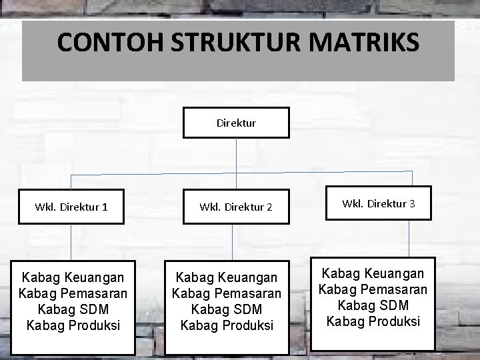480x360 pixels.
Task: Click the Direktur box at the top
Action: tap(236, 123)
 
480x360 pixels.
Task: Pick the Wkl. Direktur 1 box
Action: tap(71, 207)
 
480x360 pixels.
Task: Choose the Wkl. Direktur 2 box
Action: tap(236, 207)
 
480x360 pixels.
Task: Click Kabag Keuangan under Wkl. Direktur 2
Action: tap(227, 277)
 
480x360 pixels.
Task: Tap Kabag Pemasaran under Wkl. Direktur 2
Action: tap(227, 293)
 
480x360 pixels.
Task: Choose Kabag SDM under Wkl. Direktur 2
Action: tap(227, 309)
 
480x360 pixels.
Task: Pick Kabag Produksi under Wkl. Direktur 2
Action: tap(227, 325)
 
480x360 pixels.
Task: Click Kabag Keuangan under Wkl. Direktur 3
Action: tap(373, 273)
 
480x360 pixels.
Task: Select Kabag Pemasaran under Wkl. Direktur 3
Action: tap(373, 289)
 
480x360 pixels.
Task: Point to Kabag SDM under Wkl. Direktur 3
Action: tap(373, 305)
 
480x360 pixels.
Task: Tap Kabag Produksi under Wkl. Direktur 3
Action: tap(373, 321)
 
